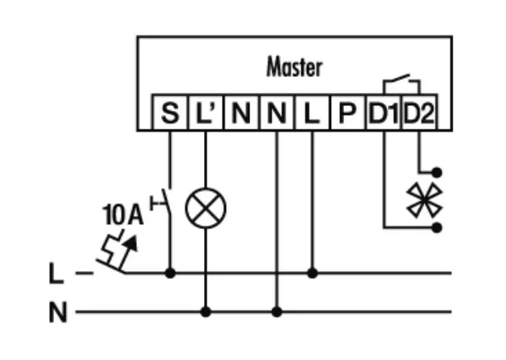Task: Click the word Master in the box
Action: point(294,67)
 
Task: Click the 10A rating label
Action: point(122,216)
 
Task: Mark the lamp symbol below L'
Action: point(206,210)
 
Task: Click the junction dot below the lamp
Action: point(206,311)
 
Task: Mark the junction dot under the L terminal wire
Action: point(313,273)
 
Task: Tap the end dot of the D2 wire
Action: point(437,172)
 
